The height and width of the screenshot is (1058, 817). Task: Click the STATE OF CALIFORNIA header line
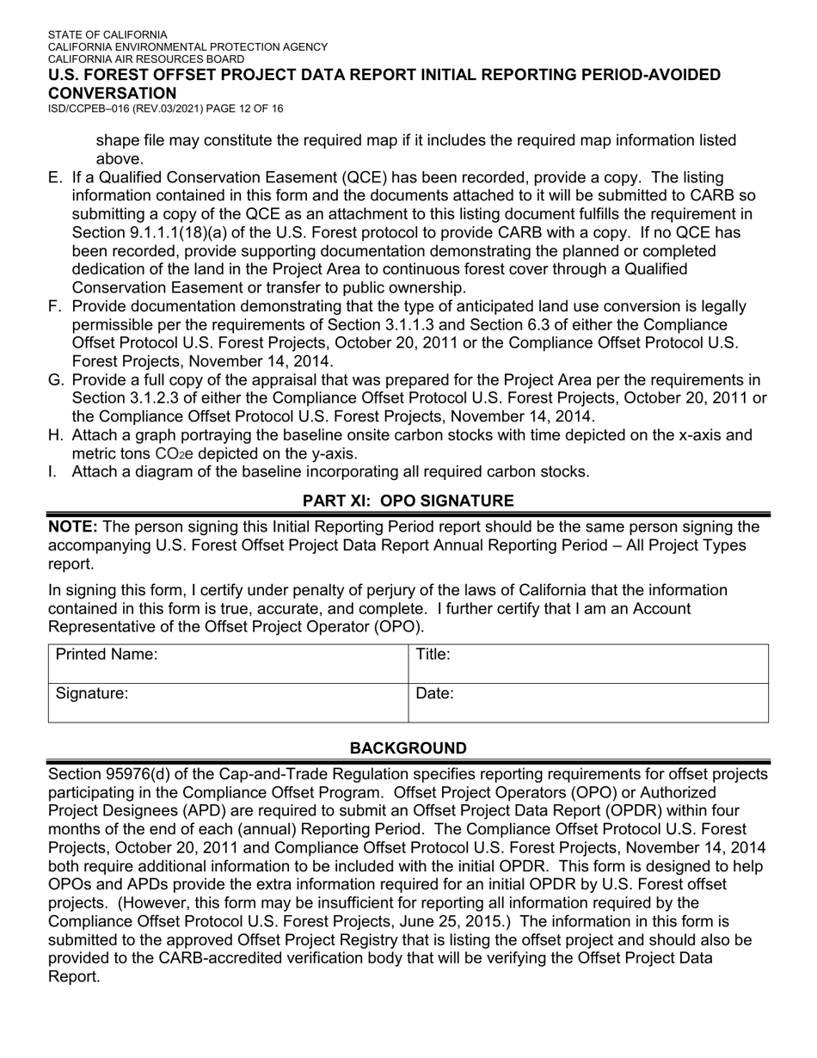(x=107, y=35)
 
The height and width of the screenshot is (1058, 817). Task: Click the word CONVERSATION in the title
(x=112, y=93)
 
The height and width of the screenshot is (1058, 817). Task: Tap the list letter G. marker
(x=56, y=380)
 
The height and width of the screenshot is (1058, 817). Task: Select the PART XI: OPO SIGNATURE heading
(x=408, y=501)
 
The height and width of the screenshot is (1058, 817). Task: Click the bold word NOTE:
(x=73, y=526)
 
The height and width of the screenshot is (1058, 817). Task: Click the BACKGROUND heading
(x=408, y=748)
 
